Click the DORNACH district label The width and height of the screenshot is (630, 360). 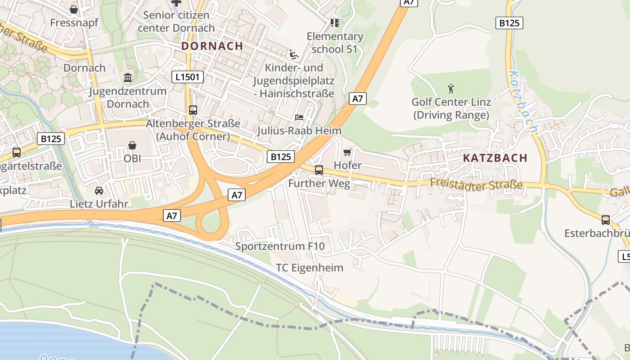pos(212,46)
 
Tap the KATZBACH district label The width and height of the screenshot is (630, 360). pos(495,158)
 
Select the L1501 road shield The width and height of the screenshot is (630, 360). pos(188,77)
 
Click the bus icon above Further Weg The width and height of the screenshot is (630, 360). pos(319,170)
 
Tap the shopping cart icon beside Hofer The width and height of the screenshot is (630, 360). pos(347,153)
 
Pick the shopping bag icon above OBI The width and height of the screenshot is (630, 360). pos(132,145)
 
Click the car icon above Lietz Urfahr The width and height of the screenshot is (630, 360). pos(99,190)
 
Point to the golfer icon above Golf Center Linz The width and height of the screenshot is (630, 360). pos(451,89)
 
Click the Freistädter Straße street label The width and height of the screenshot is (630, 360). pos(476,184)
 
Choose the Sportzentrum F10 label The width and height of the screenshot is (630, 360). pos(280,247)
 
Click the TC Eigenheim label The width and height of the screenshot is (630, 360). pos(310,268)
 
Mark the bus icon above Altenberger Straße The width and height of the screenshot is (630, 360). pos(193,110)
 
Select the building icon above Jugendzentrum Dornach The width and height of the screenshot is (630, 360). pos(128,78)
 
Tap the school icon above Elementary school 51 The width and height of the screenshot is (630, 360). pos(334,22)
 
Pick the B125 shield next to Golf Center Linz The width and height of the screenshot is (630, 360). pos(509,23)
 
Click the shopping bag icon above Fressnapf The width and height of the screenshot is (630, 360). pos(74,9)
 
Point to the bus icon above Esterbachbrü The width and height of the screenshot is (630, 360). pos(606,220)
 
